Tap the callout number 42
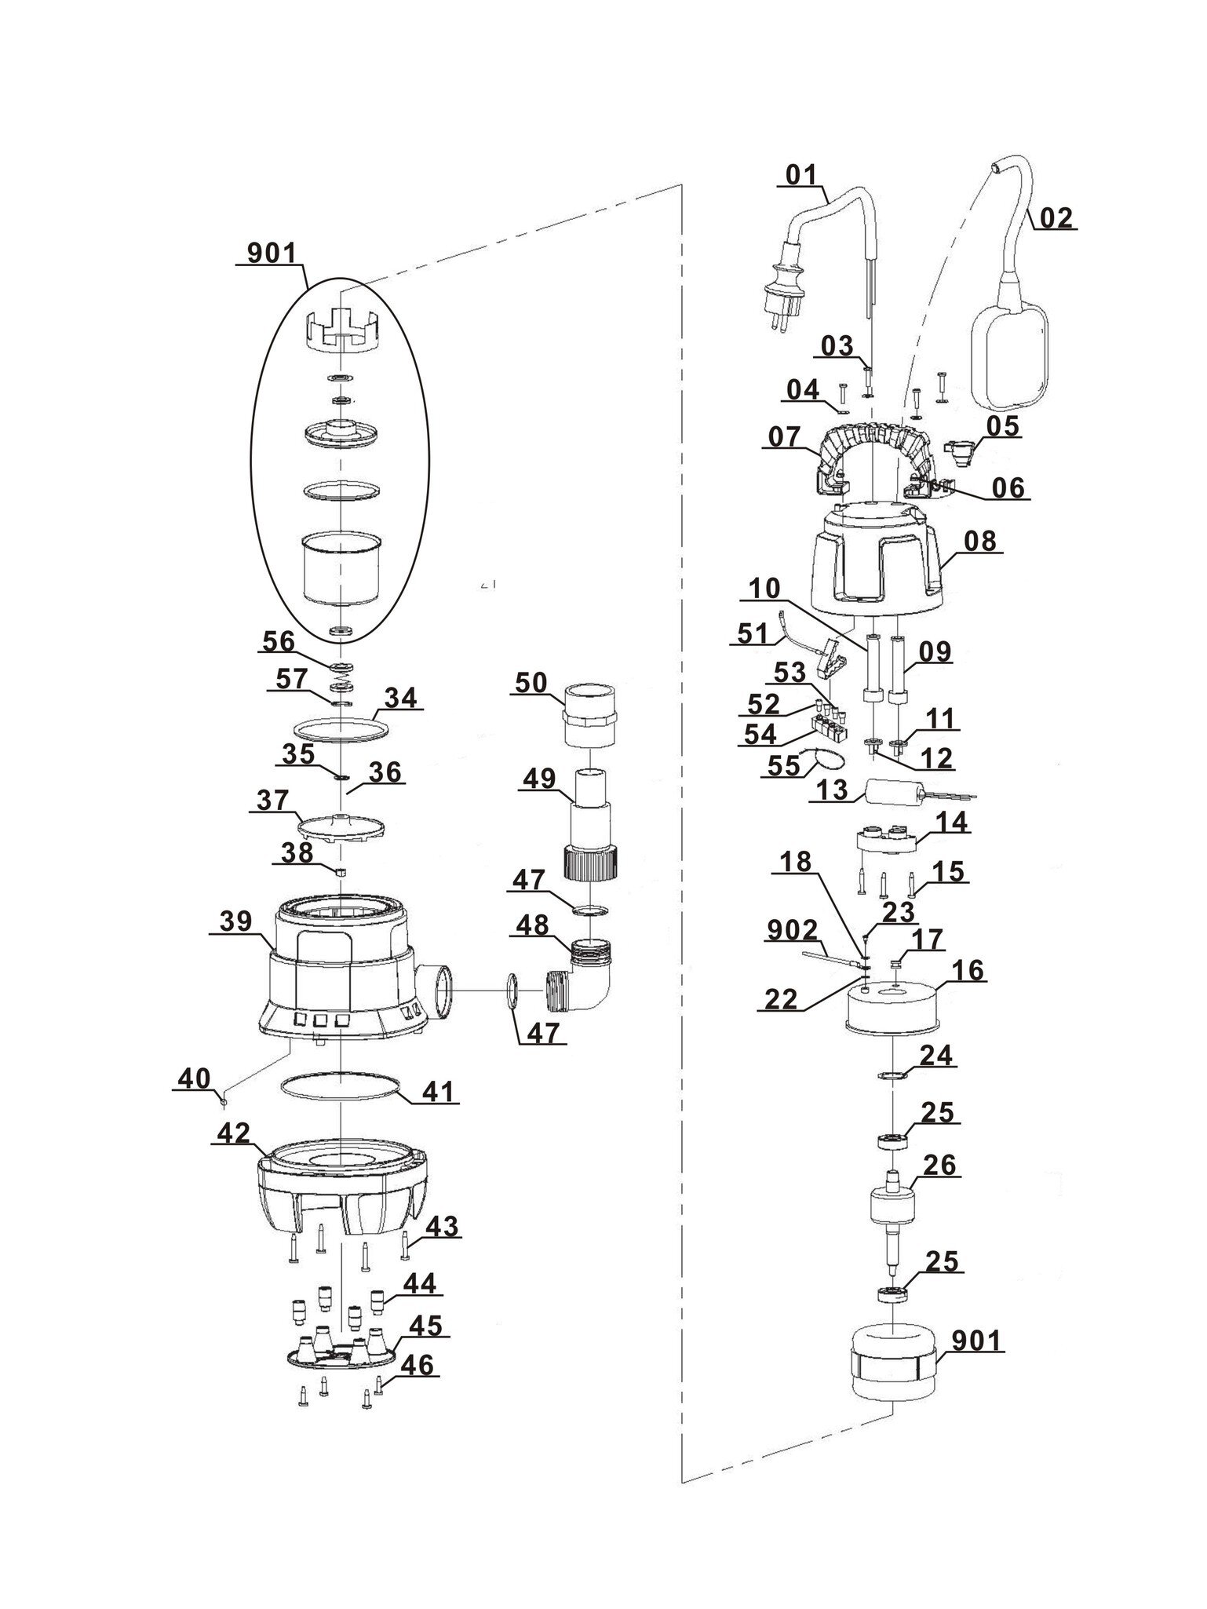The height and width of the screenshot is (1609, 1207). pyautogui.click(x=233, y=1133)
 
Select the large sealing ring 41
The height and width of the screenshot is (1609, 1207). pyautogui.click(x=341, y=1093)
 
